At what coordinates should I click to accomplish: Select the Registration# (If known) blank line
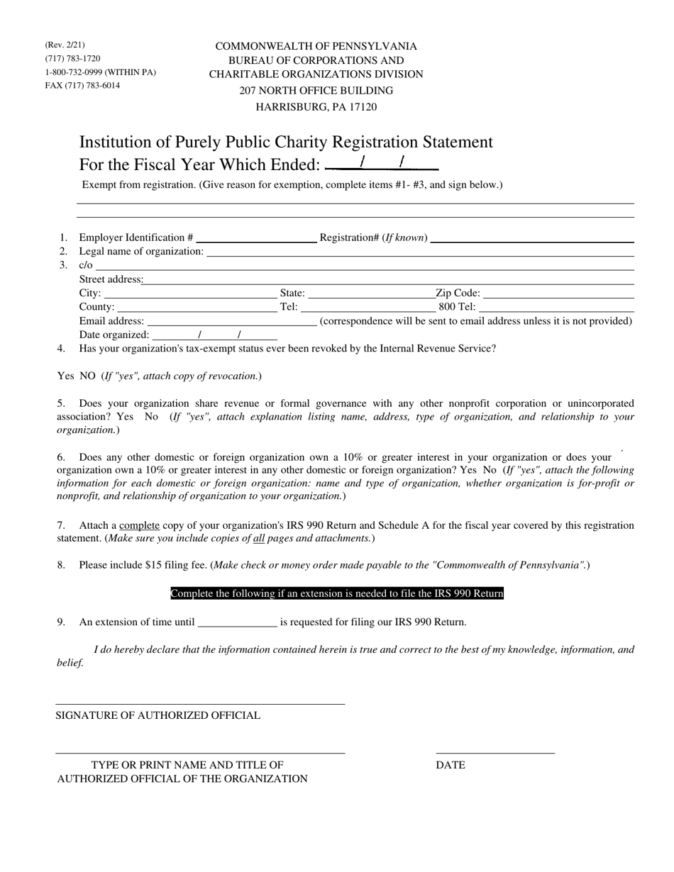pos(531,238)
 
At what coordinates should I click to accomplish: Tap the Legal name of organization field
pos(419,252)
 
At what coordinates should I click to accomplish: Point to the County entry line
pos(197,307)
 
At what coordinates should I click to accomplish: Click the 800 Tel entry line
pos(556,307)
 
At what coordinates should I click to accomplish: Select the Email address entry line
pos(231,321)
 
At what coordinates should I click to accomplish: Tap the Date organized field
pos(214,335)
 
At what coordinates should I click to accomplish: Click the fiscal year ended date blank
pos(382,164)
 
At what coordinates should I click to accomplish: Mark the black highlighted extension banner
pos(337,593)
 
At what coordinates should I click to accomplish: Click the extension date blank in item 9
pos(237,622)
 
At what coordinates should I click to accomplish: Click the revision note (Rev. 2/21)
pos(65,45)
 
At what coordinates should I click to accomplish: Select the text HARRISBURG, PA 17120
pos(316,107)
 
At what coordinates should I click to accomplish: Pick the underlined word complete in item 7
pos(139,525)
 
